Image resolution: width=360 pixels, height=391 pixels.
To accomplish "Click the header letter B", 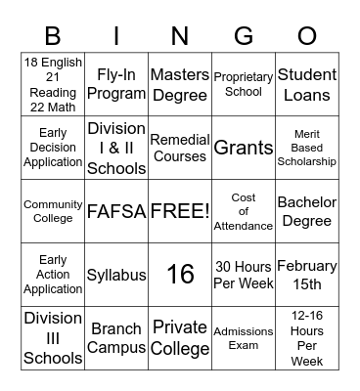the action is (x=53, y=37).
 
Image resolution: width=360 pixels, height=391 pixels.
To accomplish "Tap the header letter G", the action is (x=244, y=37).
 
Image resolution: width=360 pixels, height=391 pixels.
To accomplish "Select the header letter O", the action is (x=307, y=37).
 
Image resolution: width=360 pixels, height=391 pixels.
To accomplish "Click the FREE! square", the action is (x=180, y=211).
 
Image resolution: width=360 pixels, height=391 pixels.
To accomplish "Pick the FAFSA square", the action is (x=116, y=211).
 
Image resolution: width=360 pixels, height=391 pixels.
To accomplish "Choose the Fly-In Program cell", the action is (x=116, y=85).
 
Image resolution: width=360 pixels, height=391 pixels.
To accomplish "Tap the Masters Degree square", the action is (x=180, y=85).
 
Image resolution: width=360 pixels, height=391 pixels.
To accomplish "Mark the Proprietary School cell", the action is (x=244, y=85).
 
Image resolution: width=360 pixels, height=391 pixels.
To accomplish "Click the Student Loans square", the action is (x=306, y=85).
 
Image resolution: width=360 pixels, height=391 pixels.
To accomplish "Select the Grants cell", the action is (x=244, y=148).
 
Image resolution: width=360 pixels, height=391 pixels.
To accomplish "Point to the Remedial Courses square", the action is (x=180, y=148).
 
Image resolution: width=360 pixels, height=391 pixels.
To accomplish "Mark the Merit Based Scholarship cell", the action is (x=306, y=148).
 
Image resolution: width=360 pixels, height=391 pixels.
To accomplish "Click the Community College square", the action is (x=53, y=211).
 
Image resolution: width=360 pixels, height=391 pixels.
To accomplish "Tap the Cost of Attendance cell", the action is (x=244, y=211).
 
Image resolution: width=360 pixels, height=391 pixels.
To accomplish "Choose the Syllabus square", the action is (x=116, y=275).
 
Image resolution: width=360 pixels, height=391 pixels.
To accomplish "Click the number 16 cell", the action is (x=180, y=275).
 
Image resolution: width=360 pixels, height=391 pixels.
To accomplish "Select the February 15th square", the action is (x=306, y=275).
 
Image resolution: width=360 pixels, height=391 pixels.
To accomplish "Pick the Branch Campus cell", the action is (x=116, y=338).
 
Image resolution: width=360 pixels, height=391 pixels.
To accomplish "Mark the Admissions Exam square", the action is (x=244, y=338).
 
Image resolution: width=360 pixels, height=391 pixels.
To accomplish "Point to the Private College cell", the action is (x=180, y=338).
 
